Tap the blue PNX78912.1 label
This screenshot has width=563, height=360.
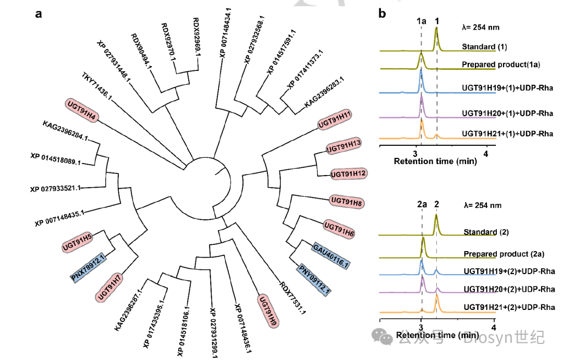pyautogui.click(x=89, y=268)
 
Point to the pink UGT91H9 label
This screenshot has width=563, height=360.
pyautogui.click(x=267, y=311)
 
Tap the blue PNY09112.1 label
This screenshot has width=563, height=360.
pyautogui.click(x=315, y=280)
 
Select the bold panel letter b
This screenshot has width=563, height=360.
pyautogui.click(x=382, y=14)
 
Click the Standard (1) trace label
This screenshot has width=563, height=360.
pyautogui.click(x=484, y=47)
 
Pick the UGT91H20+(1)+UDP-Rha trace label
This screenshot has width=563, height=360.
pyautogui.click(x=507, y=113)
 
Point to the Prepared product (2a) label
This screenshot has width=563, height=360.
pyautogui.click(x=504, y=254)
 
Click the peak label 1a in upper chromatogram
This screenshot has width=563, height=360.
pyautogui.click(x=421, y=21)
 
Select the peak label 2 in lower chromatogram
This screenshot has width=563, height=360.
pyautogui.click(x=436, y=205)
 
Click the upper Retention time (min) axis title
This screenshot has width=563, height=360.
pyautogui.click(x=435, y=162)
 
